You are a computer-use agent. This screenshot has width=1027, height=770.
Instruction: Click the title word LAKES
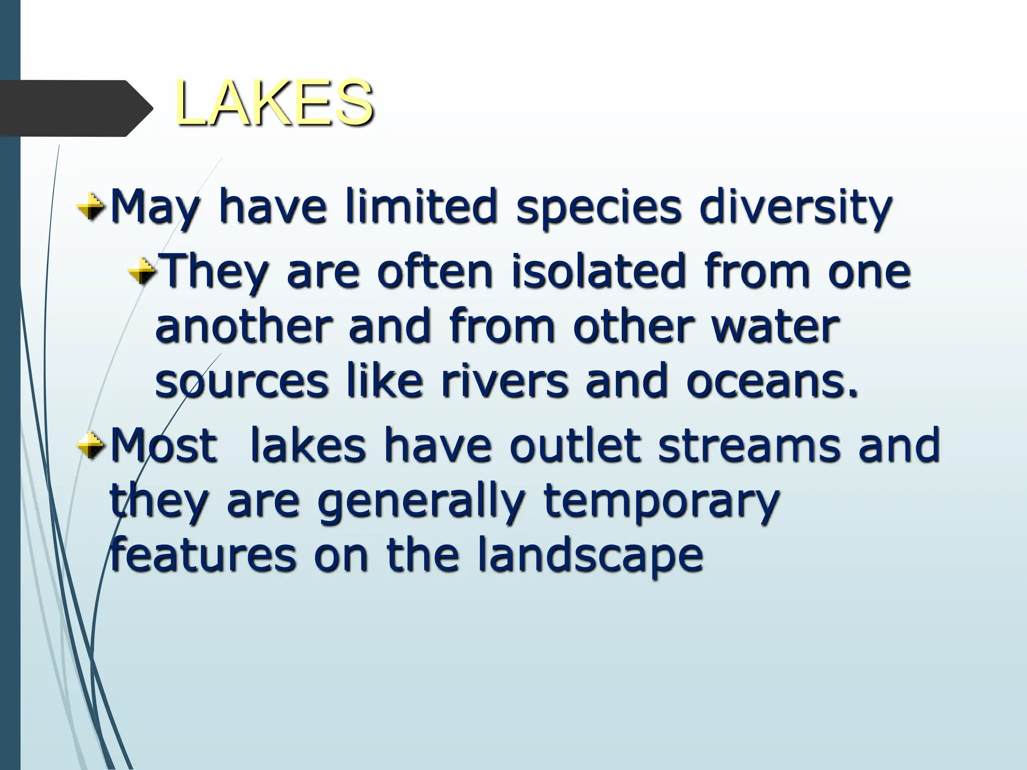[274, 104]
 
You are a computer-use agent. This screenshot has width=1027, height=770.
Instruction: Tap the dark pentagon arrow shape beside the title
[75, 108]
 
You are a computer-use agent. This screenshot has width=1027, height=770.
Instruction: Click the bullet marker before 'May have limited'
[91, 207]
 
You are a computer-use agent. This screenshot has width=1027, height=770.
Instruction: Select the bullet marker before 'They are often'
[142, 273]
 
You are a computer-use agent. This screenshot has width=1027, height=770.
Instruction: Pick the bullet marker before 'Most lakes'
[91, 446]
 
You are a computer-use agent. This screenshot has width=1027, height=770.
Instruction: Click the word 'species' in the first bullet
[599, 208]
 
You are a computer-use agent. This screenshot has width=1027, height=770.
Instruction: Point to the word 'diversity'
[795, 208]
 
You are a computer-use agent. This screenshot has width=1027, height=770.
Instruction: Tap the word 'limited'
[421, 207]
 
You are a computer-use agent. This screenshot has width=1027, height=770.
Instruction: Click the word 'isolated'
[598, 272]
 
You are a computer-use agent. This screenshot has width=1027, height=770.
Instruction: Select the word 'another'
[244, 327]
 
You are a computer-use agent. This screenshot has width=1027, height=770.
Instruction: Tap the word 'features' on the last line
[204, 556]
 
